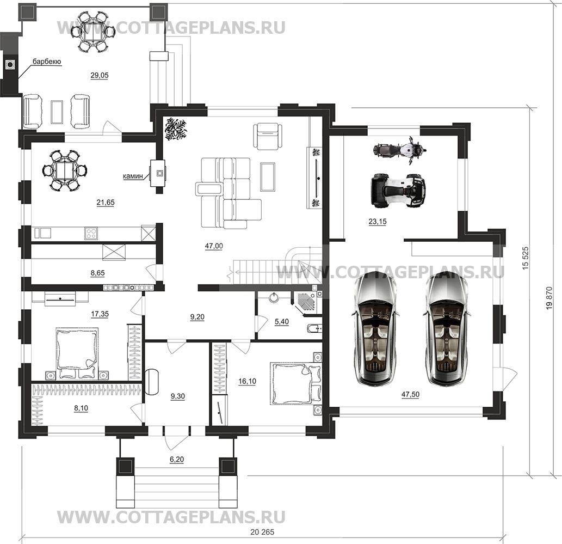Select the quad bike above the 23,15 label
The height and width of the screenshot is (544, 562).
pos(397,190)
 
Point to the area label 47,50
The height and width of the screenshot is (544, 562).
pos(410,395)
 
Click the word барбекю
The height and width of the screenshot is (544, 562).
pos(46,62)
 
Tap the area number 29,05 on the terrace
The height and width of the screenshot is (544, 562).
pos(99,76)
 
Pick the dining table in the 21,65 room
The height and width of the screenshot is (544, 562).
pos(64,170)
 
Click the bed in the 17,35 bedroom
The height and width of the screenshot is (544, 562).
pos(77,351)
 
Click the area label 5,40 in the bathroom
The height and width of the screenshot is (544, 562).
pos(281,322)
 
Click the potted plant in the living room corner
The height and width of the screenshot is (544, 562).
pos(176,130)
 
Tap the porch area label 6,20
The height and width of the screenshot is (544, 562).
pos(177,460)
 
